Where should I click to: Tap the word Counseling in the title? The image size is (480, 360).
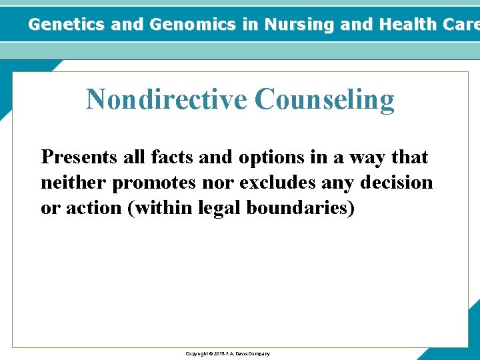tap(324, 100)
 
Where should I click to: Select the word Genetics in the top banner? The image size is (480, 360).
tap(67, 25)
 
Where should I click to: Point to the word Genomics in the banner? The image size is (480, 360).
tap(194, 25)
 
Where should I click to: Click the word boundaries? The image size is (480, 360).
tap(300, 208)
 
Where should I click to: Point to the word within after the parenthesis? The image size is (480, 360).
tap(165, 208)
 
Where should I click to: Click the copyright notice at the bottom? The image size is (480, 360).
tap(227, 353)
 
